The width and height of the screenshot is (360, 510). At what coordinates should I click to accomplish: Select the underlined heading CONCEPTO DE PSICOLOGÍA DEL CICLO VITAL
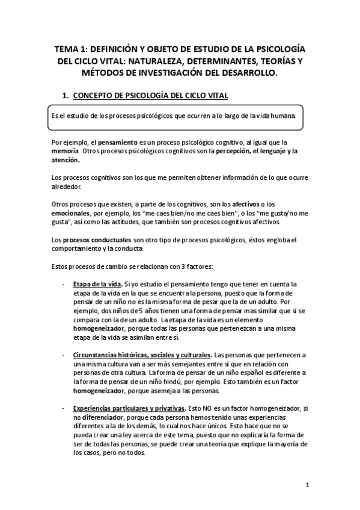(x=150, y=97)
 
